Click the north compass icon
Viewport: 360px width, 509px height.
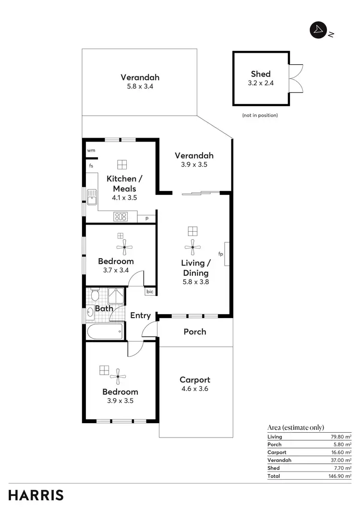317,30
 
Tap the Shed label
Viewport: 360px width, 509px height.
261,74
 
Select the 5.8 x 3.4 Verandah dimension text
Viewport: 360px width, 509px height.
140,87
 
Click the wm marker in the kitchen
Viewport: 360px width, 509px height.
91,150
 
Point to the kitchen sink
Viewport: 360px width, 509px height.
91,196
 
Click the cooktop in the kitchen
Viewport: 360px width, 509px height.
120,216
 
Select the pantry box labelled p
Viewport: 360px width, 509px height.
146,218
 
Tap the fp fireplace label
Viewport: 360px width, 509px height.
221,254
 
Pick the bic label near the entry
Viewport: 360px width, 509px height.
150,291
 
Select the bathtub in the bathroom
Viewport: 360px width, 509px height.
106,331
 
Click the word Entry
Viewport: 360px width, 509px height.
141,316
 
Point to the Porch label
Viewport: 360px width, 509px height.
195,331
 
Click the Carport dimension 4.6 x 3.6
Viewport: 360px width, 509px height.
194,389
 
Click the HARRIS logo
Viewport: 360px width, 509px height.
36,495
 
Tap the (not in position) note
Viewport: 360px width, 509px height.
260,116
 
